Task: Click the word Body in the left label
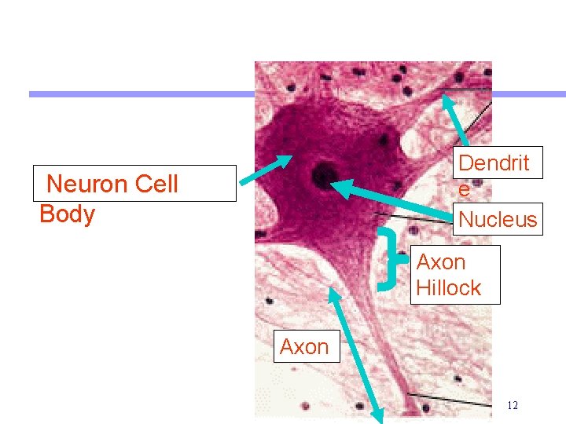(x=67, y=214)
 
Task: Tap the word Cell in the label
(x=156, y=185)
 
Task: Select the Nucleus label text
(x=498, y=219)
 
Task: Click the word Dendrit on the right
(x=494, y=163)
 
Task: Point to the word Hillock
(x=448, y=288)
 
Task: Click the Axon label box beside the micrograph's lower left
(x=304, y=346)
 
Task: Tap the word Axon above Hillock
(x=440, y=262)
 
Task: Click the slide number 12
(x=513, y=406)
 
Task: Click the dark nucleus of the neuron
(x=322, y=176)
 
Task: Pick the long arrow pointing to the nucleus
(x=393, y=203)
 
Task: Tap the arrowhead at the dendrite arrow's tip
(x=446, y=101)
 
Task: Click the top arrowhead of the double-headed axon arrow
(x=334, y=292)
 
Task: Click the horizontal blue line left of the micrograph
(x=141, y=94)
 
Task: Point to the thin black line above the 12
(x=448, y=399)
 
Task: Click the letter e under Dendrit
(x=464, y=191)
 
